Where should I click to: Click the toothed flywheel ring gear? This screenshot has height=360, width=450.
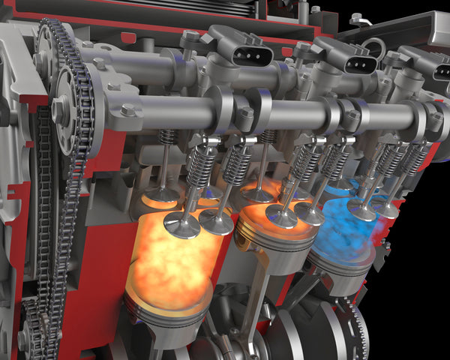click(359, 330)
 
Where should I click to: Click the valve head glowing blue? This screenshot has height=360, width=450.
click(361, 211)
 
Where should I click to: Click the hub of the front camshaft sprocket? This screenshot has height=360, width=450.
click(58, 109)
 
